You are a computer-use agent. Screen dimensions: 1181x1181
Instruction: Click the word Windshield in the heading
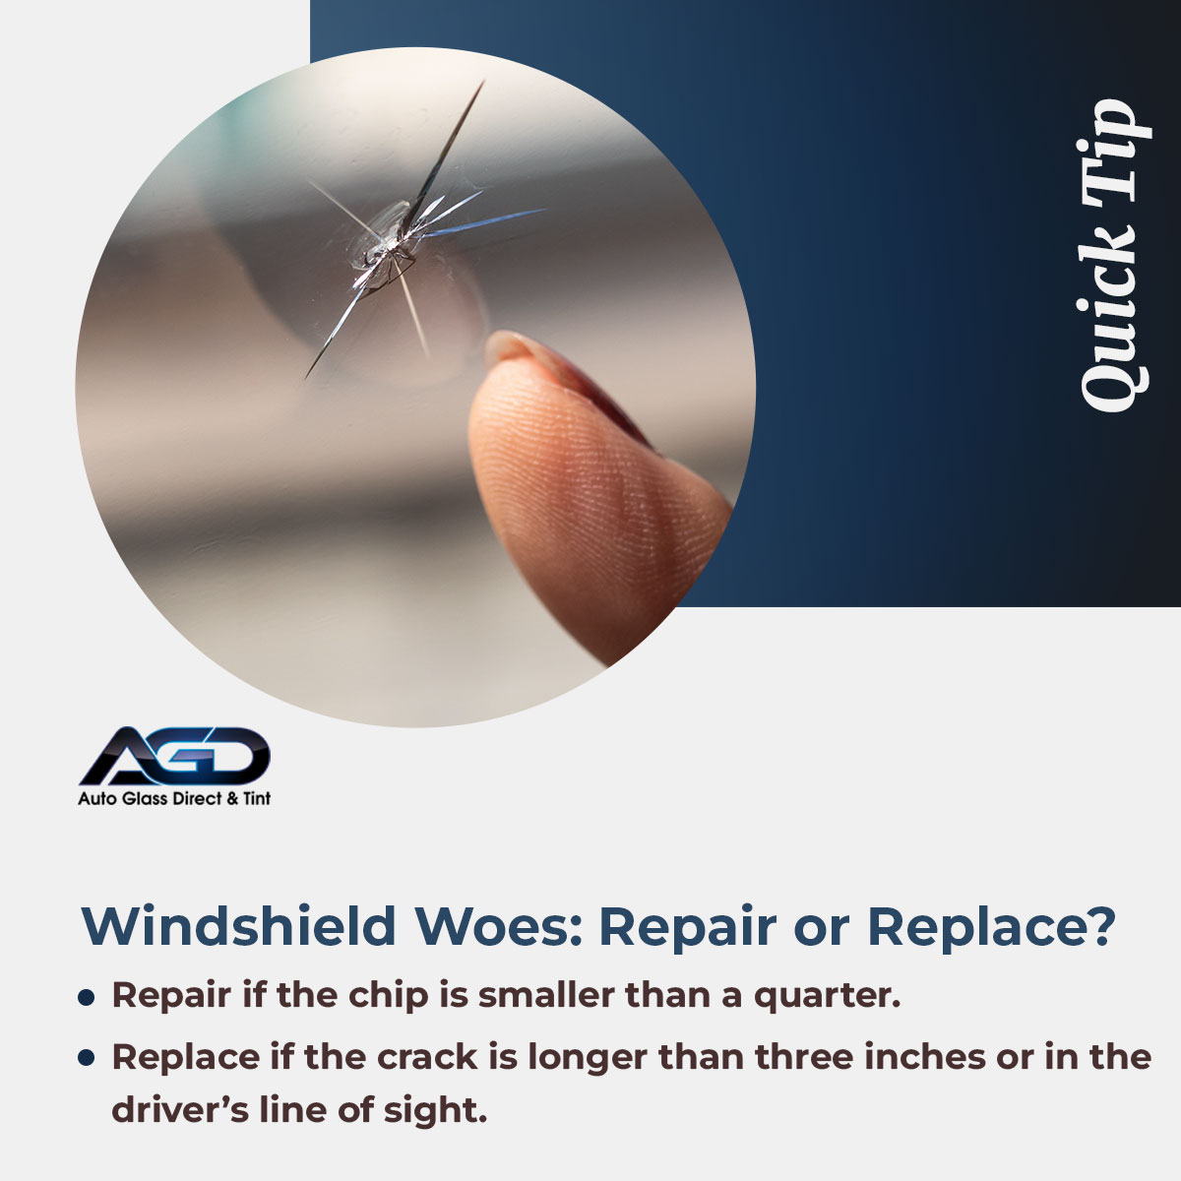[x=239, y=926]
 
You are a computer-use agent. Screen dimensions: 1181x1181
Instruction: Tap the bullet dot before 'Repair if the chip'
[x=87, y=997]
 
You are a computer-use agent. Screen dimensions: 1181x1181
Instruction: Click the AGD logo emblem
[x=175, y=756]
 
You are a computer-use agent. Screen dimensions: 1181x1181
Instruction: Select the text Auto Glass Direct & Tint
[x=174, y=798]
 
